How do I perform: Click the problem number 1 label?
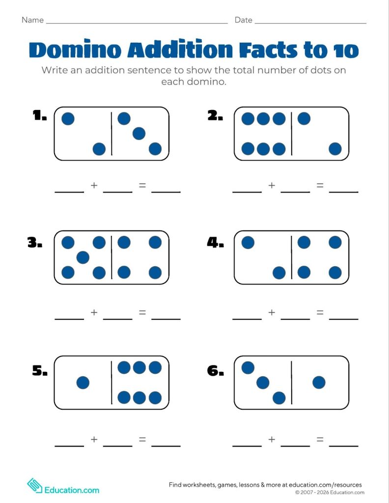point(40,115)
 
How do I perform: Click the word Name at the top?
point(32,20)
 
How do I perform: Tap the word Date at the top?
point(244,20)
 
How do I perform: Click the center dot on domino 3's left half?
point(83,257)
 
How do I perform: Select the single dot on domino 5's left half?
point(83,382)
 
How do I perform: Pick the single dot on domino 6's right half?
point(319,382)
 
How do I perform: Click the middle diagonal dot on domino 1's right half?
point(139,134)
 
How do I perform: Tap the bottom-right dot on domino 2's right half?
point(335,149)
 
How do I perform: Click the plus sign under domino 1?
point(94,185)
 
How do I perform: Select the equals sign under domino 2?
point(320,185)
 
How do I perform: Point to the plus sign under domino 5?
point(94,439)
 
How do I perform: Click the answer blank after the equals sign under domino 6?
point(343,446)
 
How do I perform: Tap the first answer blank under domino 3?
point(70,319)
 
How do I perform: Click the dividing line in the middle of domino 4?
point(292,257)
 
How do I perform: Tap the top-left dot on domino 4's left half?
point(248,242)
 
